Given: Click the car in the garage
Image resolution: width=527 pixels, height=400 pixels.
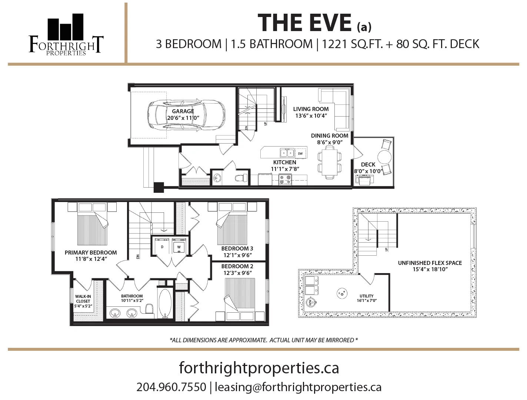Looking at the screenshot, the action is [186, 115].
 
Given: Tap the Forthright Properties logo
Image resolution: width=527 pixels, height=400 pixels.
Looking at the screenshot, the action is [66, 34].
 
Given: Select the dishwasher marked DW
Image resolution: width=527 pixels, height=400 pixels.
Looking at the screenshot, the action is [300, 154].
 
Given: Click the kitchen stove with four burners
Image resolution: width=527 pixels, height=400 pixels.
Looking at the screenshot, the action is [285, 179].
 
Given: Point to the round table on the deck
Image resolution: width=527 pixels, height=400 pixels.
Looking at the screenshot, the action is [384, 157].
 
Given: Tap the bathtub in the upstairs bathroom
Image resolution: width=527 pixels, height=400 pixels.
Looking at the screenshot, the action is [165, 303].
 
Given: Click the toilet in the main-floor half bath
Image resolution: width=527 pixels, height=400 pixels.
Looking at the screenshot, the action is [241, 178].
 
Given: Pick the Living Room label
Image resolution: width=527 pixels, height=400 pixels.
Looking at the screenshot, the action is [311, 109].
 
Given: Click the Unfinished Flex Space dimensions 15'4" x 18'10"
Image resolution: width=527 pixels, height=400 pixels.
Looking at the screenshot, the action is [430, 269].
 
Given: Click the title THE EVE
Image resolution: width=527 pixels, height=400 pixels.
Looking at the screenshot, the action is [304, 23].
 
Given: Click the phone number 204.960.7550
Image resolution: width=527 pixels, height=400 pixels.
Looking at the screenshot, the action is [171, 387].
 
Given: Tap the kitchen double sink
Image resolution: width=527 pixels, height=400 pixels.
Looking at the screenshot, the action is [287, 153].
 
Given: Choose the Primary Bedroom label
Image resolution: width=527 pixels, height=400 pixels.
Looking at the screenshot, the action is [91, 252].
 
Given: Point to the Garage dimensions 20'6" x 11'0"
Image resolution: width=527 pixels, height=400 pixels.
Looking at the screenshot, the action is [183, 118].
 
